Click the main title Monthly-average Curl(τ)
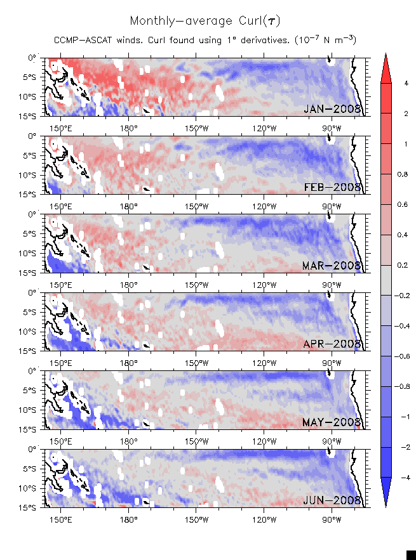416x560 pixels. [x=204, y=21]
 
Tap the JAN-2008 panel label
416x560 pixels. [x=332, y=109]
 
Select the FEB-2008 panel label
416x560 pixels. [x=332, y=187]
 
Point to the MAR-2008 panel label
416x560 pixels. [x=332, y=265]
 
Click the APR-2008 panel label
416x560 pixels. [x=332, y=344]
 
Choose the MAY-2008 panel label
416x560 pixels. [x=332, y=422]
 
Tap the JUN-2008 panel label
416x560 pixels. [x=332, y=500]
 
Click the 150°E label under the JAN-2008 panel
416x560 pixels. [x=60, y=123]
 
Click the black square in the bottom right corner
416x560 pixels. [x=411, y=555]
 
